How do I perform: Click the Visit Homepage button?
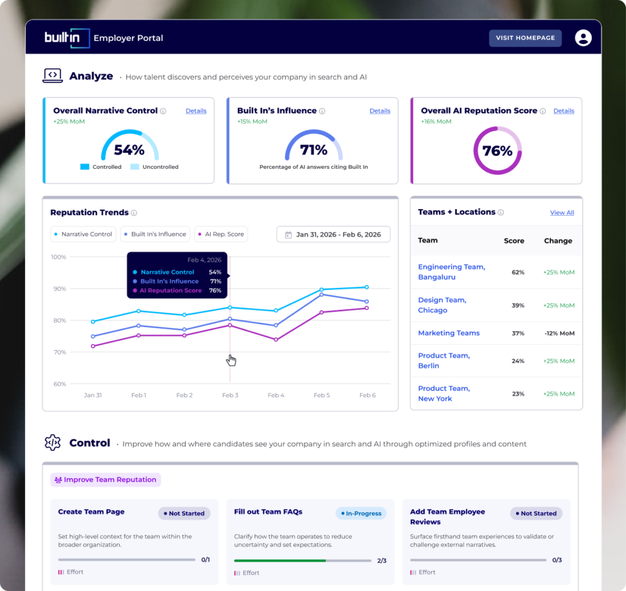click(x=525, y=38)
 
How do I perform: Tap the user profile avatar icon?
click(x=583, y=38)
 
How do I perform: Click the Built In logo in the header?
click(x=67, y=38)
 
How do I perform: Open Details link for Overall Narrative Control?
click(x=196, y=111)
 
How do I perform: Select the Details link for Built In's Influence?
click(x=380, y=111)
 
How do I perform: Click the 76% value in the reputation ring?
click(x=497, y=151)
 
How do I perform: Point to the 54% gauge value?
click(x=129, y=150)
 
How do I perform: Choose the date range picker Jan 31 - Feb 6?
click(x=333, y=234)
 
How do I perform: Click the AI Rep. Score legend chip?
click(x=221, y=234)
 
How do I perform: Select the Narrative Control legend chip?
click(x=83, y=234)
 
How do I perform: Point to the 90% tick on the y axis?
click(x=60, y=288)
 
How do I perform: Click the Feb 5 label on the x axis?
click(x=322, y=395)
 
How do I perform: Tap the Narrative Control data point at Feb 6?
click(x=367, y=287)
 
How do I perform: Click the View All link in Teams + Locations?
click(x=562, y=213)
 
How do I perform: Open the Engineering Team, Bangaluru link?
click(x=452, y=272)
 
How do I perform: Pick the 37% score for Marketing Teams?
click(x=518, y=333)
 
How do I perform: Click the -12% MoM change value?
click(x=559, y=333)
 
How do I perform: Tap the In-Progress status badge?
click(x=361, y=513)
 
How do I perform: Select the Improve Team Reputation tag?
click(x=105, y=480)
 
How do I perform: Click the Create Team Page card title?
click(x=91, y=512)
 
